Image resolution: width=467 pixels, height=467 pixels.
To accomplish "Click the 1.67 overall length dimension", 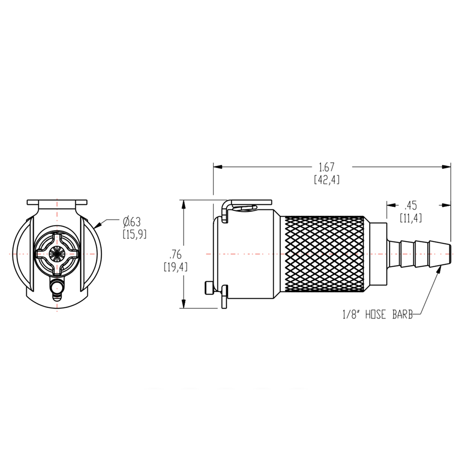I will tap(326, 167).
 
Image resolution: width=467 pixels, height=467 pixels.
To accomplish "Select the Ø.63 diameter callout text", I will tap(132, 221).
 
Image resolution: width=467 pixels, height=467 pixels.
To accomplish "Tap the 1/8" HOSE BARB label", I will tap(377, 315).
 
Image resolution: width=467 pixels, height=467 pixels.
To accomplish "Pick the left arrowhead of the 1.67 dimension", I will tap(217, 166).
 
